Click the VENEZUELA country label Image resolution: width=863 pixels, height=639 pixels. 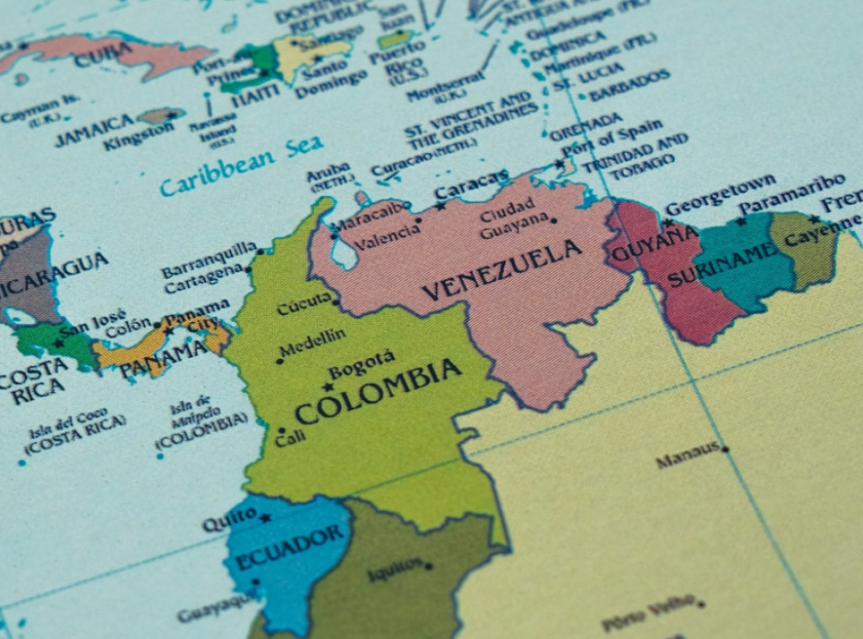(x=502, y=270)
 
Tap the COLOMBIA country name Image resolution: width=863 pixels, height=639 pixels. (x=378, y=392)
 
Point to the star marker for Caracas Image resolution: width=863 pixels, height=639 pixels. (x=439, y=205)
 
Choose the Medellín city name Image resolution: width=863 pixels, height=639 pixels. (x=312, y=342)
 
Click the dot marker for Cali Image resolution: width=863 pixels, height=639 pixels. (x=281, y=431)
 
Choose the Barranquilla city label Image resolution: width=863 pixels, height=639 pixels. (x=209, y=260)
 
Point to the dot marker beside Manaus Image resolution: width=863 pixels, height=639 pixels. (x=725, y=449)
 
